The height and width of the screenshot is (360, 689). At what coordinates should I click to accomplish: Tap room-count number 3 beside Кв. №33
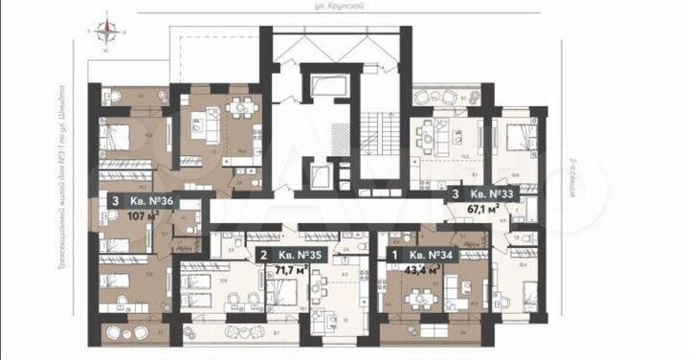coord(455,192)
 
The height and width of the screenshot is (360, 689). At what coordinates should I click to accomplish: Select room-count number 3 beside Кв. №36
coord(116,201)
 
